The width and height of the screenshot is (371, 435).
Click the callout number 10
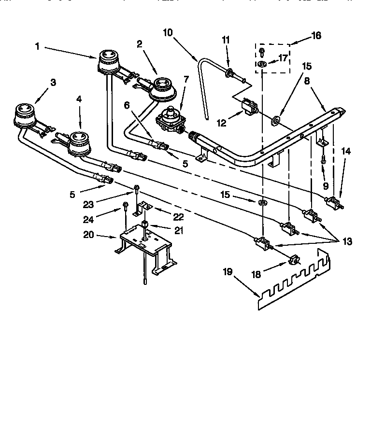[x=168, y=33]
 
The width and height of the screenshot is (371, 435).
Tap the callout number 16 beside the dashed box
[x=316, y=36]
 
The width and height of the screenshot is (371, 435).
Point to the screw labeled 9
[x=323, y=161]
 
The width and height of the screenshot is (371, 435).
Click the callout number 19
[x=228, y=272]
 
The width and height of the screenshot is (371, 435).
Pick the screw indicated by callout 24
[x=125, y=206]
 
